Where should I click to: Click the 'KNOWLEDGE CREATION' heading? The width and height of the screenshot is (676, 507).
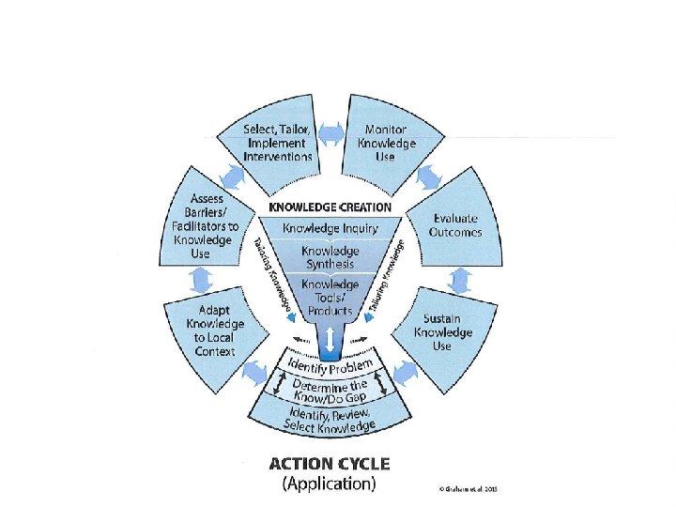pyautogui.click(x=330, y=207)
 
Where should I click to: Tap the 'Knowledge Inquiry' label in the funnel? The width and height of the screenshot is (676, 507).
pyautogui.click(x=330, y=226)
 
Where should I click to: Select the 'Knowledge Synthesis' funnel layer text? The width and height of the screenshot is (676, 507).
pyautogui.click(x=330, y=257)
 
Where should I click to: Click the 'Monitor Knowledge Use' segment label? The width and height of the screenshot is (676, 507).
pyautogui.click(x=386, y=143)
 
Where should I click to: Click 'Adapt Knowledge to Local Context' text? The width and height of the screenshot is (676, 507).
pyautogui.click(x=215, y=330)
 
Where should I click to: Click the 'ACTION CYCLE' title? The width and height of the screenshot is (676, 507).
pyautogui.click(x=329, y=464)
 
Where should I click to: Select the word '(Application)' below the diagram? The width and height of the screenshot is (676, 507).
pyautogui.click(x=329, y=484)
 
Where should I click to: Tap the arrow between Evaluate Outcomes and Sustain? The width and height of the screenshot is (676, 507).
pyautogui.click(x=460, y=279)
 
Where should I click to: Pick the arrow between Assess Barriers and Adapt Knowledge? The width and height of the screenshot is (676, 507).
pyautogui.click(x=200, y=279)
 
